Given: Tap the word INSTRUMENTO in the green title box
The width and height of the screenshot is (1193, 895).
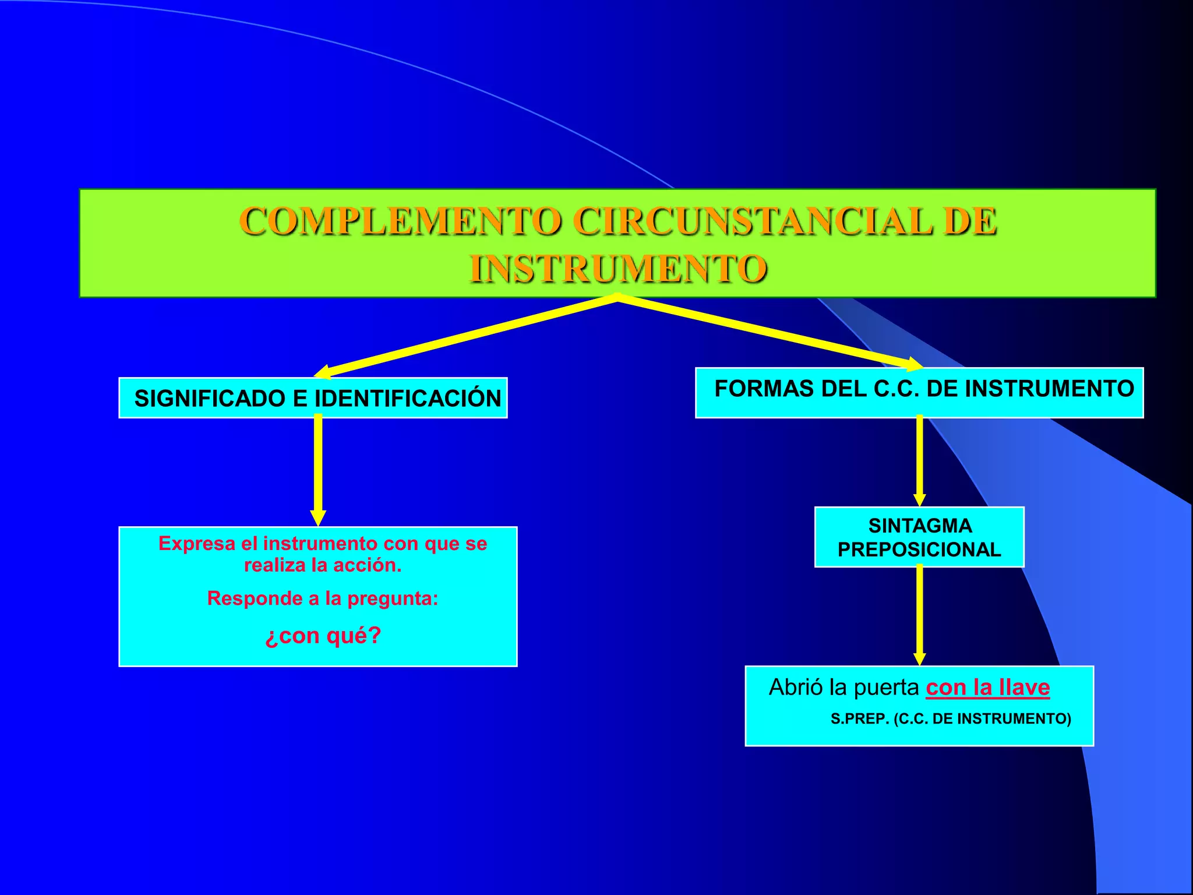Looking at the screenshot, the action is pyautogui.click(x=618, y=269).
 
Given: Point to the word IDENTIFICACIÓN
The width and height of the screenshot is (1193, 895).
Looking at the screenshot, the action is pyautogui.click(x=408, y=399).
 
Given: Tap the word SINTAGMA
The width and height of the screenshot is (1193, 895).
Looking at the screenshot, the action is pyautogui.click(x=920, y=526).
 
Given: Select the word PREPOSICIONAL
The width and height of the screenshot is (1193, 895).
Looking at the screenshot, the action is pyautogui.click(x=919, y=549).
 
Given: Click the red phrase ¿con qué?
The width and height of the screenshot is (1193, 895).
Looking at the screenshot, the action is pyautogui.click(x=323, y=635).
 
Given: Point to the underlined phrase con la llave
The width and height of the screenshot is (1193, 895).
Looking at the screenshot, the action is pyautogui.click(x=988, y=688).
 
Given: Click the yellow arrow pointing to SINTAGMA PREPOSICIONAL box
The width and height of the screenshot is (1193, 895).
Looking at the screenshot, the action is pyautogui.click(x=920, y=460).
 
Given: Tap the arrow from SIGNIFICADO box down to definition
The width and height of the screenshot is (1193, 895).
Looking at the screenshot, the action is pyautogui.click(x=318, y=469).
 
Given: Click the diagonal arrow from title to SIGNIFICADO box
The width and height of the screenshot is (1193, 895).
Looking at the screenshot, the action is pyautogui.click(x=466, y=338).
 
